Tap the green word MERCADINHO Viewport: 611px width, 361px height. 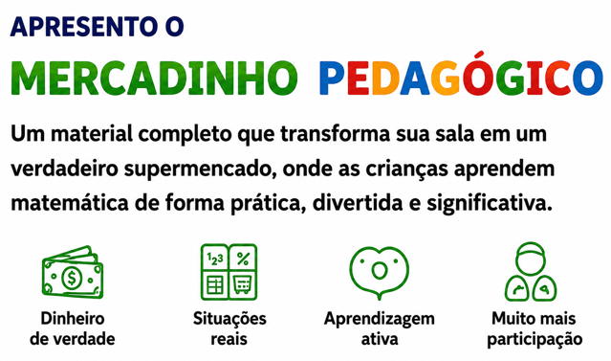[x=154, y=78]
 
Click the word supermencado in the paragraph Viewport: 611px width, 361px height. [x=200, y=169]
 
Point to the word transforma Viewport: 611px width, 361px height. [x=335, y=134]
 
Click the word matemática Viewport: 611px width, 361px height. [x=69, y=203]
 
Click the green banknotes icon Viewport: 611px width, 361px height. [x=73, y=272]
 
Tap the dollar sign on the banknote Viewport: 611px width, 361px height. [x=72, y=278]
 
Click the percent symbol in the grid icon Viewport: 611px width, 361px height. [x=243, y=259]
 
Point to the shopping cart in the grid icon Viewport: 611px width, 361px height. [x=242, y=284]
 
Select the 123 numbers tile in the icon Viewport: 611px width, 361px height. [x=215, y=259]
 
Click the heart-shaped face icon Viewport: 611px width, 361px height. [x=380, y=272]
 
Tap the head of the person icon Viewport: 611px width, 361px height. [x=530, y=259]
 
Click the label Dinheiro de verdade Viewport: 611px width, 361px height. [x=73, y=328]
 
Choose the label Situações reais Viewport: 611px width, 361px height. [x=229, y=328]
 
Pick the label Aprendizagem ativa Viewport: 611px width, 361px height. [x=380, y=328]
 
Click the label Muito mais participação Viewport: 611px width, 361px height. [x=535, y=329]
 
